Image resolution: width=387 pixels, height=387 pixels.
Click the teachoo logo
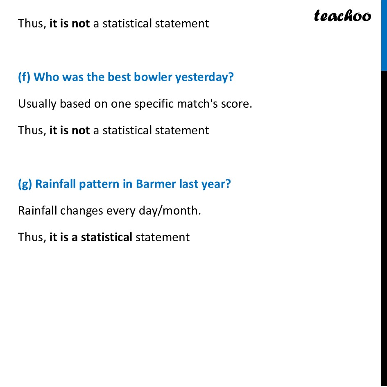click(x=342, y=16)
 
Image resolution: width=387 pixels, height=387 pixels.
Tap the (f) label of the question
click(x=24, y=77)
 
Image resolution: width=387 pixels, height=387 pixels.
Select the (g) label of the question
click(x=25, y=184)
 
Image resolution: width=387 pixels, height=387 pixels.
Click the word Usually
click(x=37, y=104)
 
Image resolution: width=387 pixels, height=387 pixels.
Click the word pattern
click(x=99, y=184)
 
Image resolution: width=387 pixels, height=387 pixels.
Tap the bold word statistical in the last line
click(x=106, y=237)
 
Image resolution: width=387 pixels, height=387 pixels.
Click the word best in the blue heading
click(x=118, y=77)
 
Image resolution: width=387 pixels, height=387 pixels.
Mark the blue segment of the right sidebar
click(x=384, y=35)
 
